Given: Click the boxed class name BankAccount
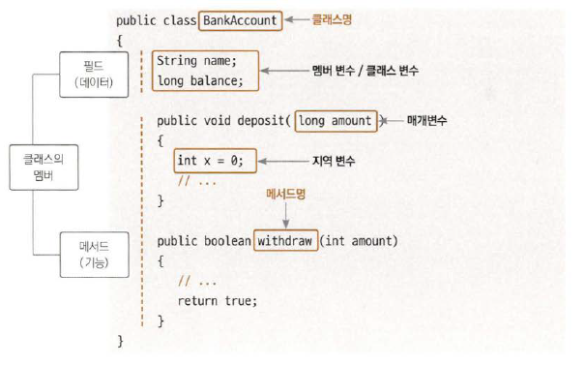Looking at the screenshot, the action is pos(240,20).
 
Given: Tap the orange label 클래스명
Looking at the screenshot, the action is pos(332,19).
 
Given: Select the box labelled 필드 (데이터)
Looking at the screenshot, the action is pos(94,75).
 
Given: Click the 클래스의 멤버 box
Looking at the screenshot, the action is pos(44,167).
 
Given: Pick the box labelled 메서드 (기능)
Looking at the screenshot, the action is pos(95,255).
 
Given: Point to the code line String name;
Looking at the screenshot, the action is pos(196,61).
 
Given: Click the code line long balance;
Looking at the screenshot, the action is pos(200,80).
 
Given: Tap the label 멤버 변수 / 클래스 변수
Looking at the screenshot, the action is pos(366,71).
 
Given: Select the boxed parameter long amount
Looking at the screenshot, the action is pos(336,121).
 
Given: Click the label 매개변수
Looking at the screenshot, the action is pos(426,120).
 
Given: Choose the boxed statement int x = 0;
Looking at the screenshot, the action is pos(216,161).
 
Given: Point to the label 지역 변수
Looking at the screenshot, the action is pos(334,161).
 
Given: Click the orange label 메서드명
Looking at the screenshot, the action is pos(286,194).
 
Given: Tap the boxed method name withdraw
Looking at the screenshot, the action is pos(285,241).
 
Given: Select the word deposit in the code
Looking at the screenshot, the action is pos(261,121).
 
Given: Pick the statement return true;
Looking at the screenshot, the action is pos(218,301).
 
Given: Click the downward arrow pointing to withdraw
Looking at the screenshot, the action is pos(286,215).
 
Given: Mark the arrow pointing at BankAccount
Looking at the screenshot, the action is pos(297,19).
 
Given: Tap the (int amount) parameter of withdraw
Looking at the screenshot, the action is pos(359,241).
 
